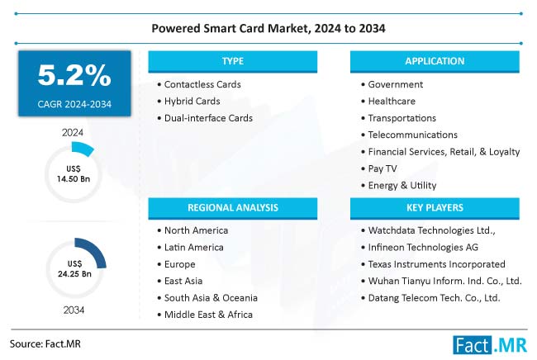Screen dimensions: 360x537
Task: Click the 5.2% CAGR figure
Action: [74, 76]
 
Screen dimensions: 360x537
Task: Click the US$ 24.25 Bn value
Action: [74, 267]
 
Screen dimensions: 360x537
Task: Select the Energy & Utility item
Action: [402, 185]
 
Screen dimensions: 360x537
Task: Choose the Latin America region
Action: [193, 247]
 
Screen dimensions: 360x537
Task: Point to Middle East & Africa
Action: [208, 314]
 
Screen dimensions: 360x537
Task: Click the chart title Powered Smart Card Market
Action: [268, 27]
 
